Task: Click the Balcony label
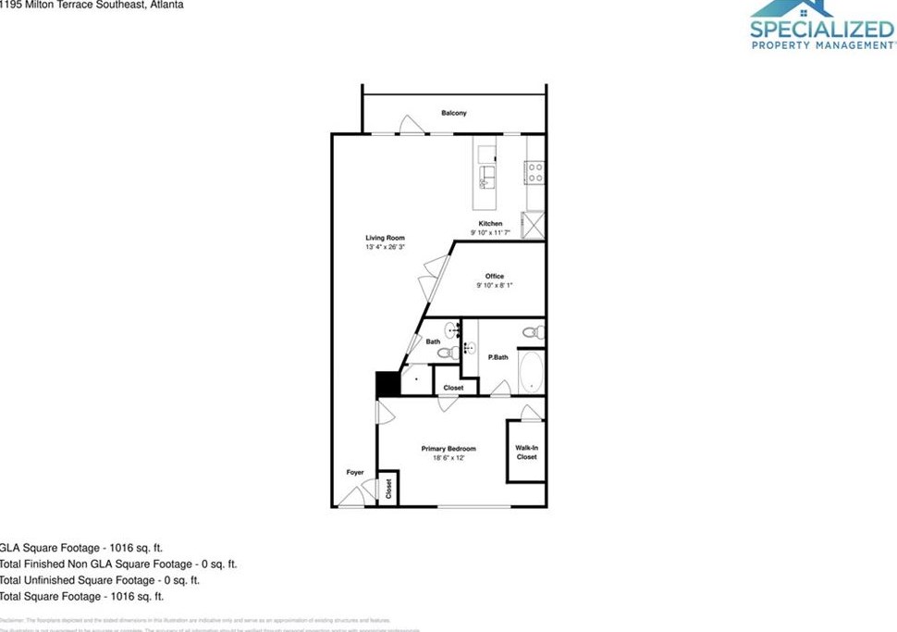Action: coord(453,113)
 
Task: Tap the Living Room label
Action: coord(385,238)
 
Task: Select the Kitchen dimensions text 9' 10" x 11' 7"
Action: coord(490,233)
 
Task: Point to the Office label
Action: coord(495,276)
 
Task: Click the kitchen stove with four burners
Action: coord(535,172)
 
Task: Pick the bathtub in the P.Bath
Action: coord(530,371)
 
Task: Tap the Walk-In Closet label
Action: coord(526,452)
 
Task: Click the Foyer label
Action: coord(355,472)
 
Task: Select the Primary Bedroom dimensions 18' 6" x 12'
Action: coord(448,458)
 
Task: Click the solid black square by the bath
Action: coord(385,385)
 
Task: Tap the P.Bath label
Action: coord(498,357)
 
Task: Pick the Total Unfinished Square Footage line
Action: coord(99,580)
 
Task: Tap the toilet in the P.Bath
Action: coord(532,331)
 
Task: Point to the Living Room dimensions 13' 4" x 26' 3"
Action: coord(385,247)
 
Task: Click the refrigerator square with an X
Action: coord(534,225)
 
